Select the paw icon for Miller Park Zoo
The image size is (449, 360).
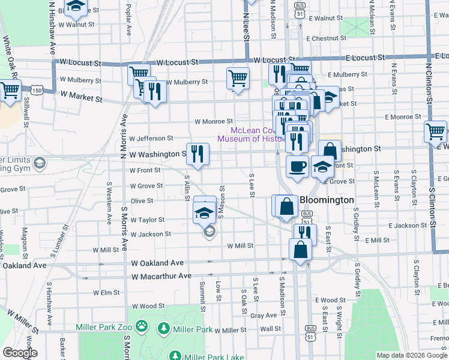(142, 326)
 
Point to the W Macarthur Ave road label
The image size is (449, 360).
(161, 276)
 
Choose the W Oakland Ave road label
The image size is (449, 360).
(157, 263)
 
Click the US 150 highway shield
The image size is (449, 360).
(37, 90)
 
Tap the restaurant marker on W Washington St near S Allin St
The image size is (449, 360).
(197, 155)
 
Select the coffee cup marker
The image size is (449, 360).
(297, 166)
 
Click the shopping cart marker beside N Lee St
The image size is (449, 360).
(238, 79)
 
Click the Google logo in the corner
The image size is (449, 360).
(20, 353)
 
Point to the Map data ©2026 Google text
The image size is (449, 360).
(411, 355)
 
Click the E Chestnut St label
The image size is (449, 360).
(328, 38)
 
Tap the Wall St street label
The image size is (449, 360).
(270, 329)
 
